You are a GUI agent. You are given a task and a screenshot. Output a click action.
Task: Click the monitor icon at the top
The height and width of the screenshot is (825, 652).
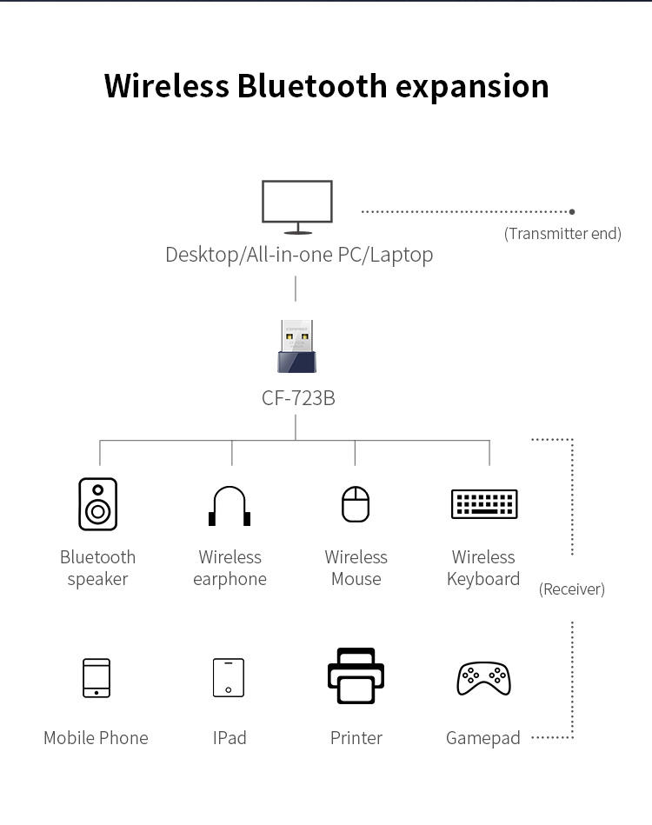pyautogui.click(x=297, y=206)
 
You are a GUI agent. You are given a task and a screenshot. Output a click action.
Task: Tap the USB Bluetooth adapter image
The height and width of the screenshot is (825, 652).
pyautogui.click(x=296, y=346)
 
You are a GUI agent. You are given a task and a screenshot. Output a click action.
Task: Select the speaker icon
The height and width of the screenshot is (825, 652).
pyautogui.click(x=97, y=504)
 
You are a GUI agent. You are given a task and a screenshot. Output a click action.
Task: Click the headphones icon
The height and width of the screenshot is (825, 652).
pyautogui.click(x=230, y=506)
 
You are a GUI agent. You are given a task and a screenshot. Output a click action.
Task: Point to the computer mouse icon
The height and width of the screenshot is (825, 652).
pyautogui.click(x=356, y=504)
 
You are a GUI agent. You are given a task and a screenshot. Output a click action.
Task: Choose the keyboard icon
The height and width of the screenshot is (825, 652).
pyautogui.click(x=484, y=504)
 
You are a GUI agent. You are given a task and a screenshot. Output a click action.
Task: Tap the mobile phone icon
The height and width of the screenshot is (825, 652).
pyautogui.click(x=96, y=678)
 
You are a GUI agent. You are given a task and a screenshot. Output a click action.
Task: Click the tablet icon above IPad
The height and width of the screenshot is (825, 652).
pyautogui.click(x=229, y=677)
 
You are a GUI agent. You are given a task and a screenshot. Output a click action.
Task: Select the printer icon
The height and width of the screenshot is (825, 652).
pyautogui.click(x=356, y=675)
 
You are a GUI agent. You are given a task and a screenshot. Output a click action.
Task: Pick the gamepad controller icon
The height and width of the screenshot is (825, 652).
pyautogui.click(x=483, y=678)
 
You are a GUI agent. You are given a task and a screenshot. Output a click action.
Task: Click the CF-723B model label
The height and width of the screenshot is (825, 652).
pyautogui.click(x=298, y=398)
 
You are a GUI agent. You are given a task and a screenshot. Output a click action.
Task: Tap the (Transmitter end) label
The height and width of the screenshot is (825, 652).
pyautogui.click(x=562, y=234)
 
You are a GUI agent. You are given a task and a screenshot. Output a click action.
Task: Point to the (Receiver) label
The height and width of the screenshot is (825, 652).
pyautogui.click(x=571, y=589)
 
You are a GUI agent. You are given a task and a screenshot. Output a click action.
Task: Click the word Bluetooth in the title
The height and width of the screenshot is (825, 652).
pyautogui.click(x=311, y=86)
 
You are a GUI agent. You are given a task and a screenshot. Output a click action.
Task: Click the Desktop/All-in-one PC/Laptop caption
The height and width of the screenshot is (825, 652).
pyautogui.click(x=299, y=255)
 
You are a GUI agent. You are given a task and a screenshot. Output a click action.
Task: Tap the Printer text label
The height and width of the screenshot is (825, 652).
pyautogui.click(x=356, y=738)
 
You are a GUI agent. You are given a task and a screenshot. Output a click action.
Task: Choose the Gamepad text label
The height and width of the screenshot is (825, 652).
pyautogui.click(x=483, y=738)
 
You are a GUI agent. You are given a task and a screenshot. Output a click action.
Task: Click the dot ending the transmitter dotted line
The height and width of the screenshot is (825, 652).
pyautogui.click(x=572, y=211)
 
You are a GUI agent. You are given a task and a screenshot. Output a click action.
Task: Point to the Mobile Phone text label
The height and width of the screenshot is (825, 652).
pyautogui.click(x=96, y=738)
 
